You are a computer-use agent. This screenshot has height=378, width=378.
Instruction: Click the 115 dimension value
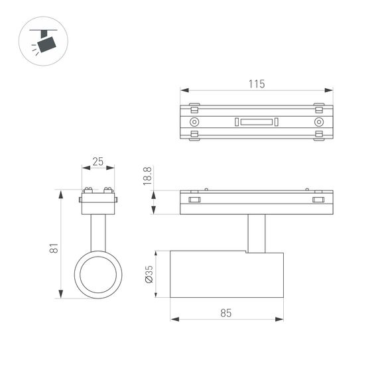[x=257, y=84]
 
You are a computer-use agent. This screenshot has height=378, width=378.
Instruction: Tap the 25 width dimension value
[x=98, y=161]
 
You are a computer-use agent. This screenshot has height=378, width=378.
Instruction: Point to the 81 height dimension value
[x=55, y=248]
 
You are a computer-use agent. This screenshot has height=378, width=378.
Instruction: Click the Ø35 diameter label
[x=149, y=275]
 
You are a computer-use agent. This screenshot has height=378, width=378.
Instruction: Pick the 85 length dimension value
[x=225, y=313]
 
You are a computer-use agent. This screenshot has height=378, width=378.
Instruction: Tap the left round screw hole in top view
[x=194, y=122]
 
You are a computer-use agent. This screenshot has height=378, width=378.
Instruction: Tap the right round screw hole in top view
[x=319, y=122]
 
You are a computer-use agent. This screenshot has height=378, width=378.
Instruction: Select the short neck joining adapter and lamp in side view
[x=257, y=233]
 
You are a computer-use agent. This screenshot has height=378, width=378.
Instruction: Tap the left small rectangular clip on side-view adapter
[x=194, y=200]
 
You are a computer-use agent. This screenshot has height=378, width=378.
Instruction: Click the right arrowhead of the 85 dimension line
[x=279, y=320]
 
